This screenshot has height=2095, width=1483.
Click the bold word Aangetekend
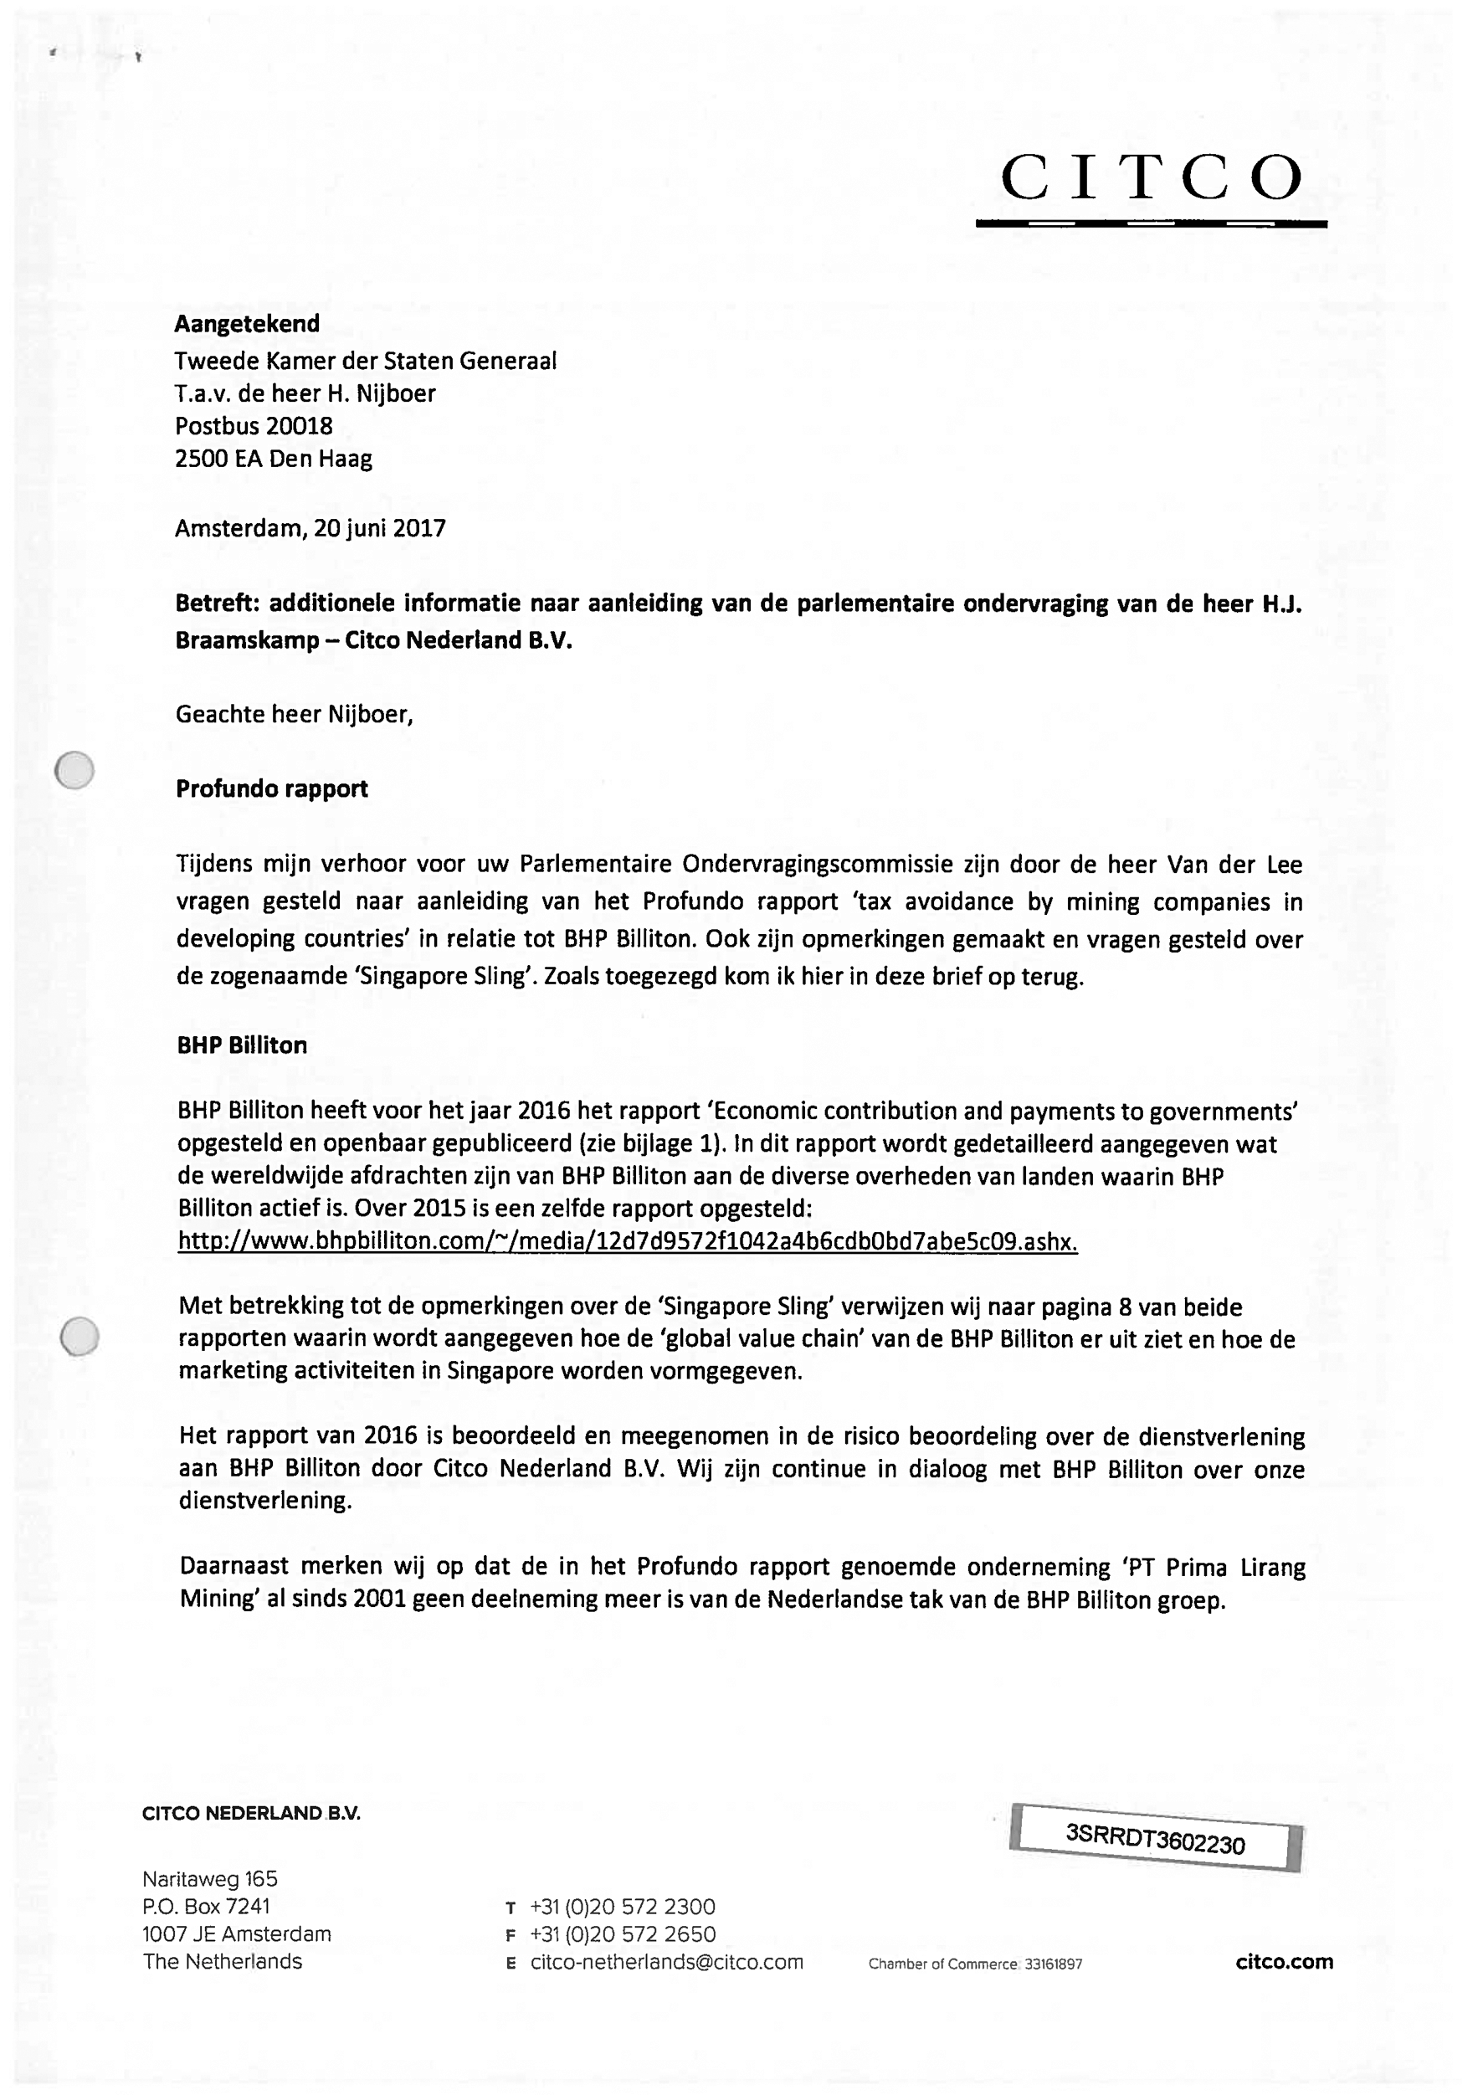pos(247,324)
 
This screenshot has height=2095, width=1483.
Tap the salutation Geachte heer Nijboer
pos(294,714)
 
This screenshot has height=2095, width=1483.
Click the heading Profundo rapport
pos(271,789)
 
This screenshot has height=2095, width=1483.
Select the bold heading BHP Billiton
pos(242,1045)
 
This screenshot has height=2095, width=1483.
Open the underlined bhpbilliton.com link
pos(628,1242)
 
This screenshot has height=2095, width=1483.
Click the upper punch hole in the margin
pos(74,770)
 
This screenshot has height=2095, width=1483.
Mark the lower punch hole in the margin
pos(80,1337)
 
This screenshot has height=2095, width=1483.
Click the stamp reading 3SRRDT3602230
pos(1155,1838)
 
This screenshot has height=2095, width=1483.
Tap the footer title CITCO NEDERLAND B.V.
pos(251,1814)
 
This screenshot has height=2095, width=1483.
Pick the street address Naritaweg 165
pos(210,1878)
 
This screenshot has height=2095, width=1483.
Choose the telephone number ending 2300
pos(622,1907)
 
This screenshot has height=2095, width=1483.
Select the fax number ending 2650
pos(622,1934)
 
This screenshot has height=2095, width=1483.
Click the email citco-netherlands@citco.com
pos(667,1963)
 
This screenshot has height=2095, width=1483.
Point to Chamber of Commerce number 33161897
pos(1053,1964)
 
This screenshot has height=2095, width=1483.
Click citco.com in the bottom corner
pos(1284,1962)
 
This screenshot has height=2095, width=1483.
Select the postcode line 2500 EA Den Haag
pos(273,459)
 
